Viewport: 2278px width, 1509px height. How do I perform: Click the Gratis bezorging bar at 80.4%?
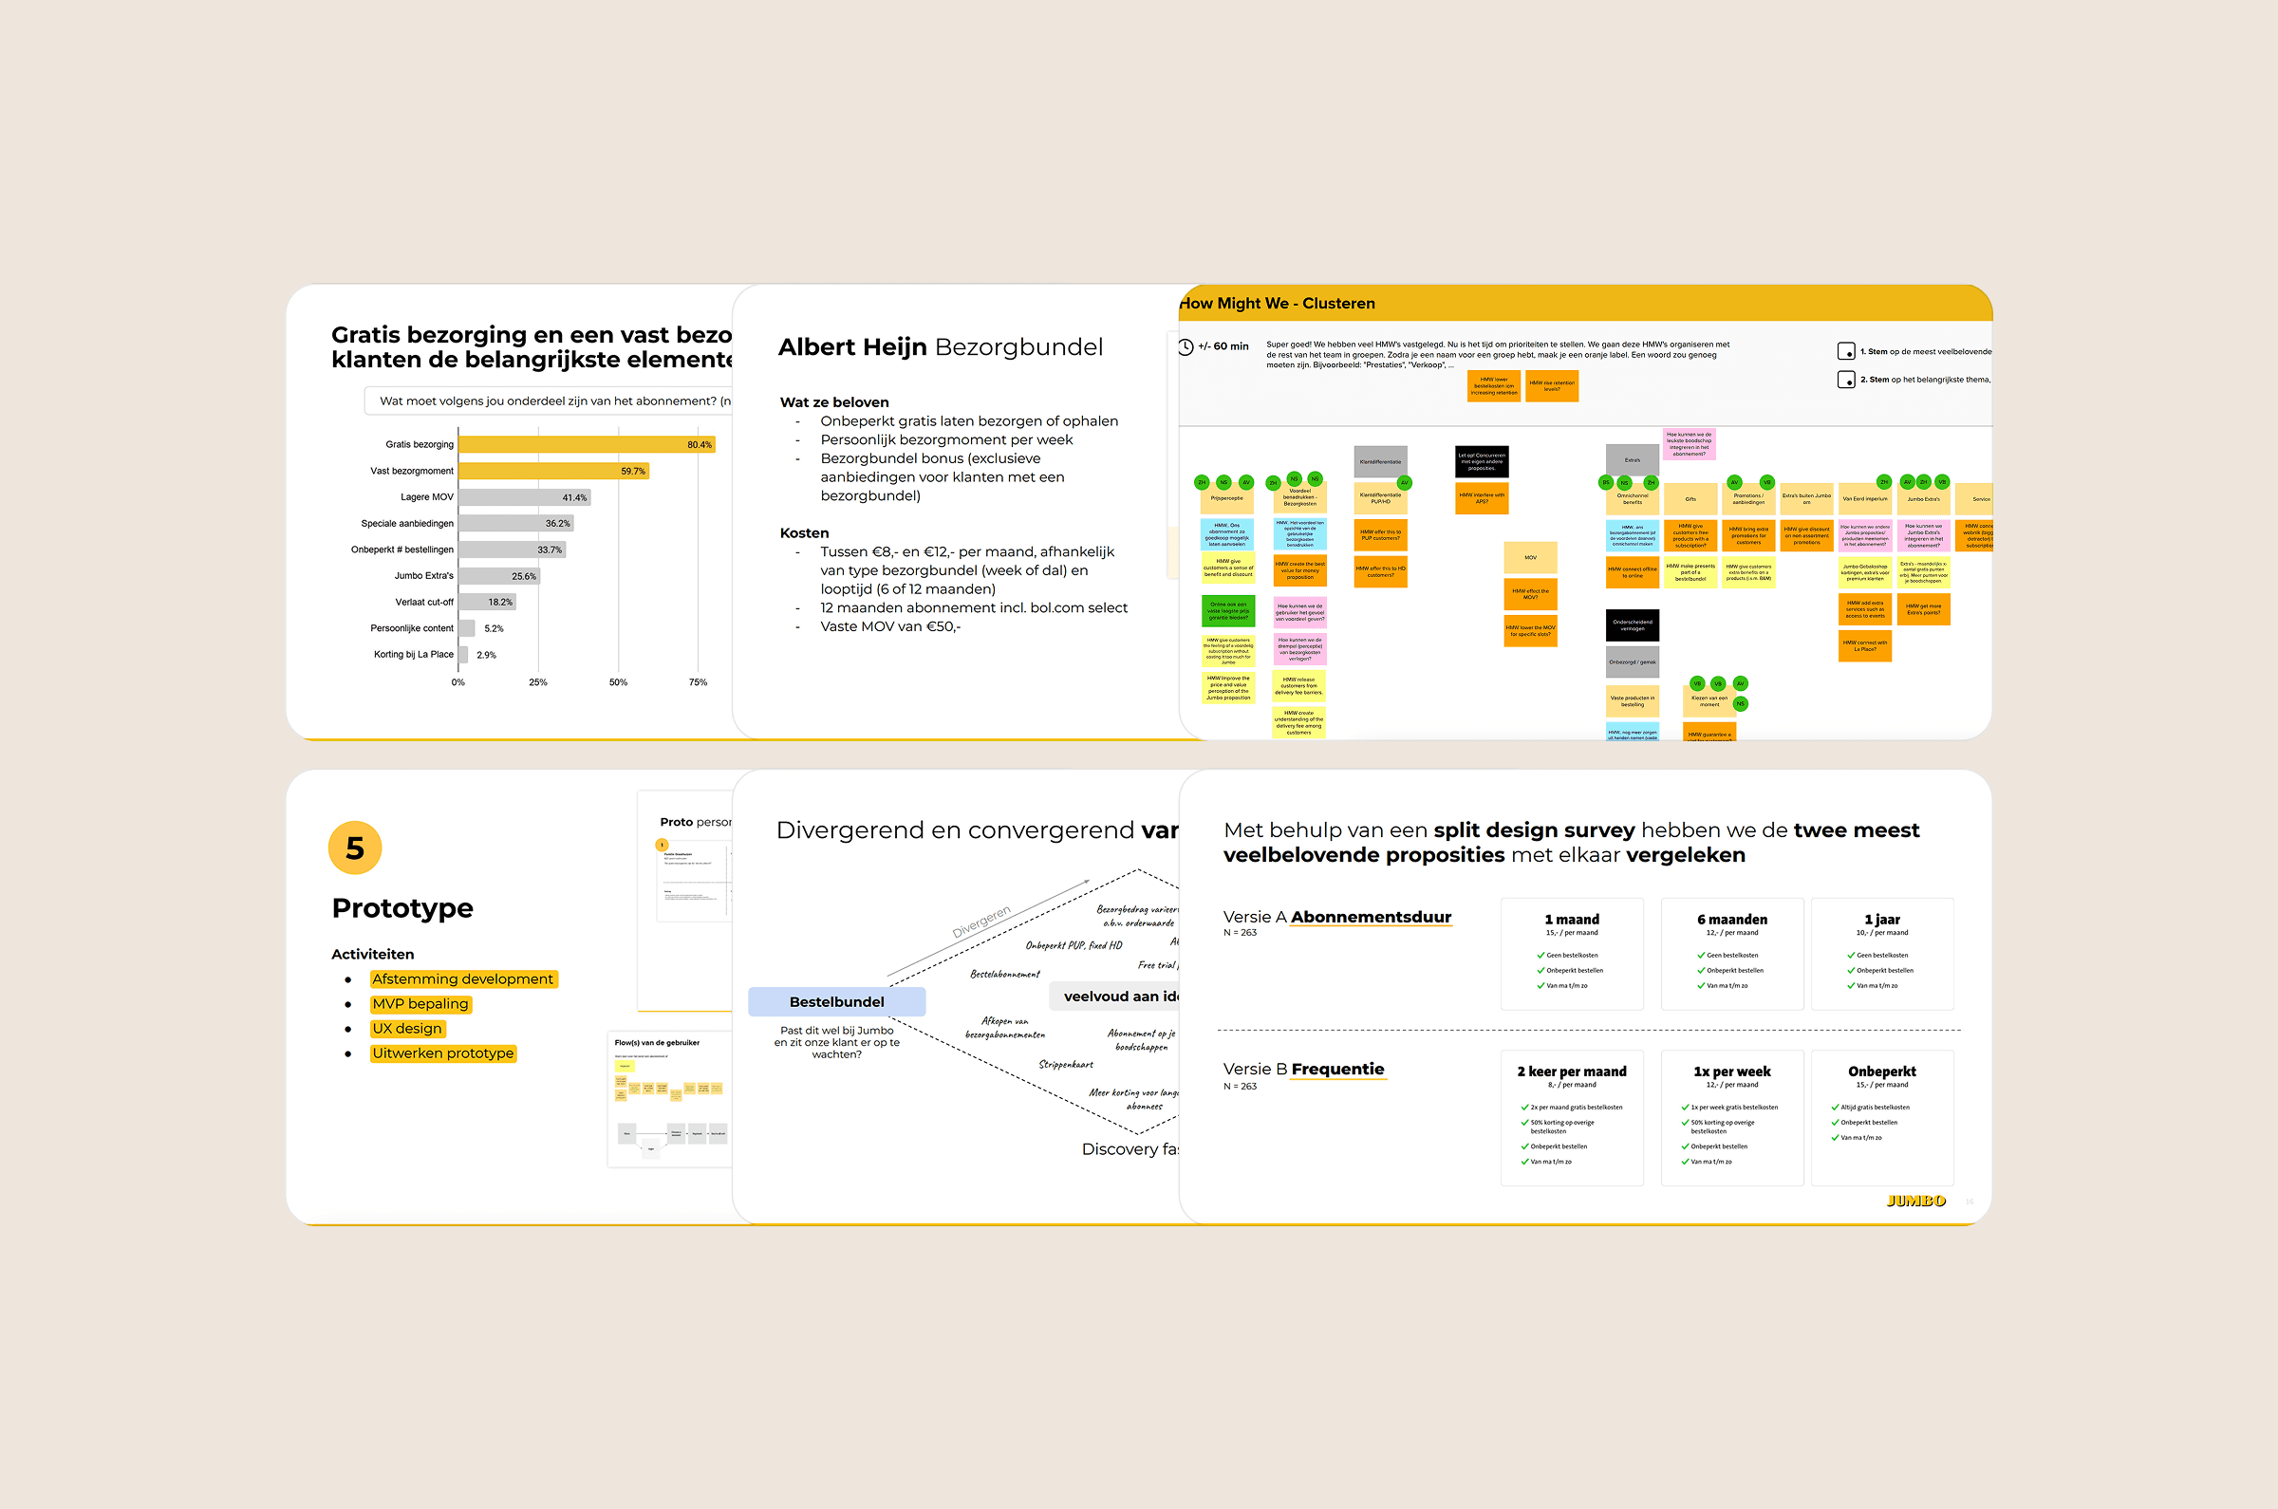point(585,444)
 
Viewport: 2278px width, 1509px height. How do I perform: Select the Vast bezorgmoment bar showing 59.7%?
point(552,471)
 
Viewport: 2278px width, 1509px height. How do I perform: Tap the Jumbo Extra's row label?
point(423,575)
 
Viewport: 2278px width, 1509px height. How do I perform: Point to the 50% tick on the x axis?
point(618,682)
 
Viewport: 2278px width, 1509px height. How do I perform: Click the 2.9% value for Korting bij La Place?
point(486,655)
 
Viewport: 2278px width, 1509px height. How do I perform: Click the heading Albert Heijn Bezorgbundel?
point(940,346)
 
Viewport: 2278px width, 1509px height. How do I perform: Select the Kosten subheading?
point(804,532)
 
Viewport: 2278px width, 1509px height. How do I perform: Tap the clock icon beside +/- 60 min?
point(1186,346)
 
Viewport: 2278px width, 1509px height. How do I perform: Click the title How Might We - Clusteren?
point(1278,303)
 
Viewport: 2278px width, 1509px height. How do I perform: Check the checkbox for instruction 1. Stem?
point(1845,351)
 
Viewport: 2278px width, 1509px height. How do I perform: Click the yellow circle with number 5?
point(355,848)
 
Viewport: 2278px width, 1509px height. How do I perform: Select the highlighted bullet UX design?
point(407,1029)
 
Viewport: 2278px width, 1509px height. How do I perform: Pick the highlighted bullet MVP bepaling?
point(420,1004)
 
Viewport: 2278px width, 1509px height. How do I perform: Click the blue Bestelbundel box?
point(836,1002)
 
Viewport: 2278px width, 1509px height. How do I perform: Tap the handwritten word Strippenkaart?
point(1065,1065)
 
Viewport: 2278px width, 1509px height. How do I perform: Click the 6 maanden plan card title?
point(1731,919)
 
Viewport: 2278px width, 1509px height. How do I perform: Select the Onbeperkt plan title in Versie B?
point(1881,1071)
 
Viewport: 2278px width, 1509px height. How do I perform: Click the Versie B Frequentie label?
point(1303,1070)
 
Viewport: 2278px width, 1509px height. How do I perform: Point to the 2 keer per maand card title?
point(1572,1071)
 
